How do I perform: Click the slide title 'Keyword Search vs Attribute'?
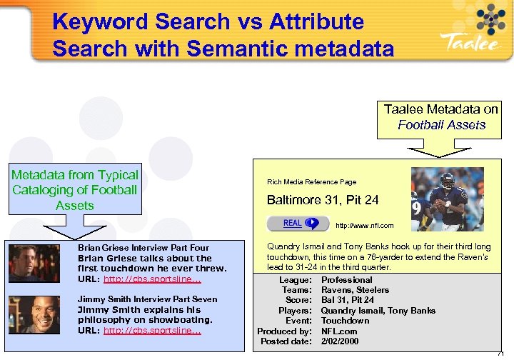pos(208,21)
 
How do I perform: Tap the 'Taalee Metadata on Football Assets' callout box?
pos(440,117)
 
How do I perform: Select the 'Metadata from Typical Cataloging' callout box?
pos(75,190)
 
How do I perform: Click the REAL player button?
pos(298,224)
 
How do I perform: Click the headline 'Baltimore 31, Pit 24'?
pos(322,200)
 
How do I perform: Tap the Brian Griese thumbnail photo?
pos(34,263)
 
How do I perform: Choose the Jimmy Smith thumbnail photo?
pos(34,314)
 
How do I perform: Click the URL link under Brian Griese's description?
pos(152,279)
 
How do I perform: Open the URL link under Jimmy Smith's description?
pos(152,331)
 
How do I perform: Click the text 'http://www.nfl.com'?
pos(364,226)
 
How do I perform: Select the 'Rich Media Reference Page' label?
pos(311,182)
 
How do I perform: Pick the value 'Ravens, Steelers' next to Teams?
pos(355,290)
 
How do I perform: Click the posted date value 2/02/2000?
pos(340,341)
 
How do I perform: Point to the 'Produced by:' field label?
pos(284,331)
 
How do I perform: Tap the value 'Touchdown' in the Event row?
pos(345,321)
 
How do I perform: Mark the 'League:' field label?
pos(295,280)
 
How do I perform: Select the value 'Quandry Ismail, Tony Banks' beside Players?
pos(378,311)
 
